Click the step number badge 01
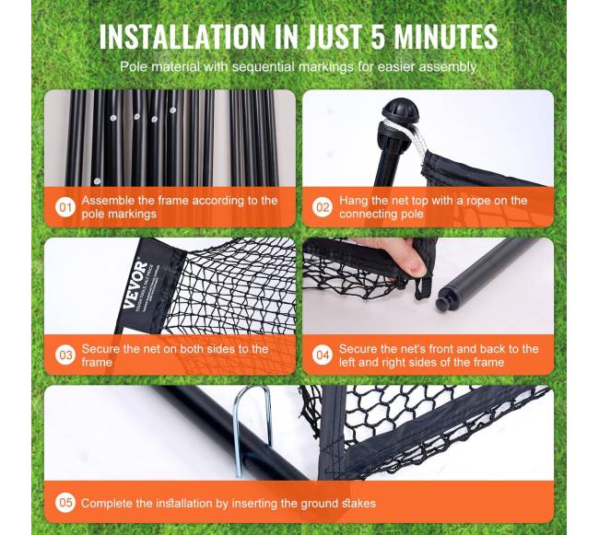65,207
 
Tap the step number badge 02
323,207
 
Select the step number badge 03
65,355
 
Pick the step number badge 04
323,355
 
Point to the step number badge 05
65,503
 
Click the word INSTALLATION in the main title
183,36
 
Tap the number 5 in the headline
378,36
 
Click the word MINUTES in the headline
445,36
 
